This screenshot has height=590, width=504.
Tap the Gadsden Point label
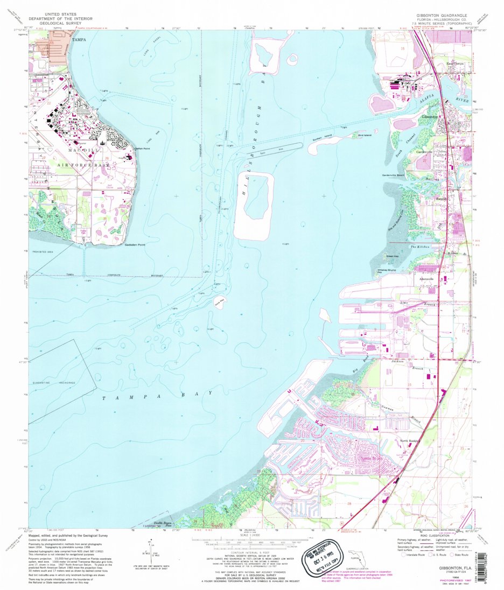tap(135, 245)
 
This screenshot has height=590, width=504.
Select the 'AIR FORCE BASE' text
tap(82, 166)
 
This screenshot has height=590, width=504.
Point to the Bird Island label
tap(365, 135)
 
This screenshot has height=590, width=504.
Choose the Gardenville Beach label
tap(394, 175)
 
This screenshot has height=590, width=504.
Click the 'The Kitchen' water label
tap(419, 247)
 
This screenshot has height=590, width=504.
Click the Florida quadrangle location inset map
tap(358, 558)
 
